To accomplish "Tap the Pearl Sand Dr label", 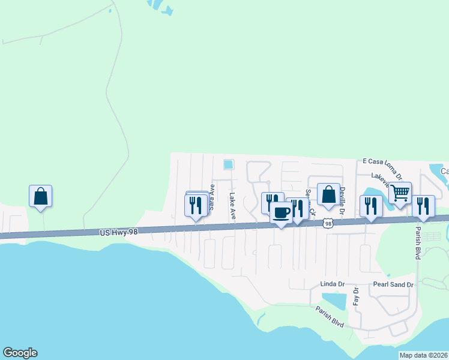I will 394,284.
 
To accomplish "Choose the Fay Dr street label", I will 356,296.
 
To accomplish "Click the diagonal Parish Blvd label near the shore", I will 330,316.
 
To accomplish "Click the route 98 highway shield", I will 327,223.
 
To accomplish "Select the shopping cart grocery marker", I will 400,193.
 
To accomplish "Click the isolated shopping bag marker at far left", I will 40,196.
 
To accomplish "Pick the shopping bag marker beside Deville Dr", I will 328,194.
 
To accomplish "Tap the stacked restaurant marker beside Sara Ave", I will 196,205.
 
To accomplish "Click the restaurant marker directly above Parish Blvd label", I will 423,206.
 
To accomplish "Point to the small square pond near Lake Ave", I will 228,164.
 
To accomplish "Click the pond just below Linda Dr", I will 334,301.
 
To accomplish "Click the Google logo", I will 20,353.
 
